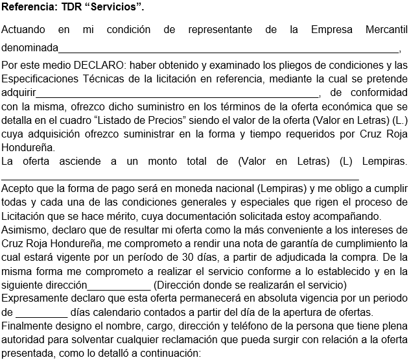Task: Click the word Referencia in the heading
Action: [x=28, y=8]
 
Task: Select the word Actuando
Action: [x=24, y=30]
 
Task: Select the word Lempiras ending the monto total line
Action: [x=384, y=160]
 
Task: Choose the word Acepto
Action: [x=18, y=189]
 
